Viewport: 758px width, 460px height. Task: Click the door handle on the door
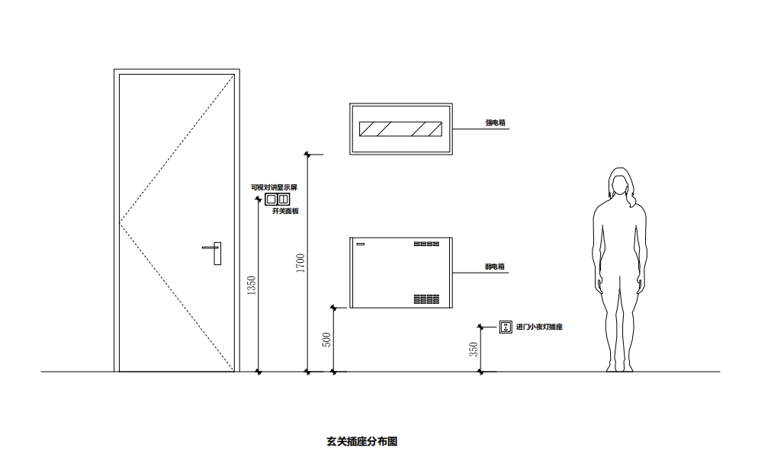[x=217, y=252]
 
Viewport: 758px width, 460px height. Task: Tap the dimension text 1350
[x=252, y=286]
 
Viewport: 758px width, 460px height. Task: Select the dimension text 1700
[x=300, y=263]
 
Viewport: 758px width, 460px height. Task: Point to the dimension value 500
[x=327, y=340]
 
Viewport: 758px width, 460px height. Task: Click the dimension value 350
[x=474, y=350]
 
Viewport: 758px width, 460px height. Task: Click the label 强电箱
[x=496, y=122]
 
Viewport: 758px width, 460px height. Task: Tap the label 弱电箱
[x=496, y=267]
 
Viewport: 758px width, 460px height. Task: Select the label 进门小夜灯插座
[x=539, y=327]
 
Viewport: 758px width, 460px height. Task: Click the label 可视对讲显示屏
[x=275, y=187]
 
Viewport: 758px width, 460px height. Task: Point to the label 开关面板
[x=285, y=211]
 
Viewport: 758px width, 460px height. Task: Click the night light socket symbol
[x=505, y=327]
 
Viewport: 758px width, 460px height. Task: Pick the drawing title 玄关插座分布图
[x=362, y=441]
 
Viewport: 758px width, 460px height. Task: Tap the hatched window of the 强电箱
[x=400, y=129]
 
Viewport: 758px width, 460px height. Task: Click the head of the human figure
[x=620, y=183]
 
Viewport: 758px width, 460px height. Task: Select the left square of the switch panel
[x=271, y=200]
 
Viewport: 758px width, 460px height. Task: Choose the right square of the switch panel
[x=284, y=200]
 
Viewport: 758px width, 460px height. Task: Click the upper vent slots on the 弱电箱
[x=427, y=244]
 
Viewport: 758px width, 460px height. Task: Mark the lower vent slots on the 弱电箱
[x=427, y=299]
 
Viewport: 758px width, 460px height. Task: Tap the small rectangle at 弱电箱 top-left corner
[x=361, y=244]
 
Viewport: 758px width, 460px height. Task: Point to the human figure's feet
[x=620, y=368]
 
